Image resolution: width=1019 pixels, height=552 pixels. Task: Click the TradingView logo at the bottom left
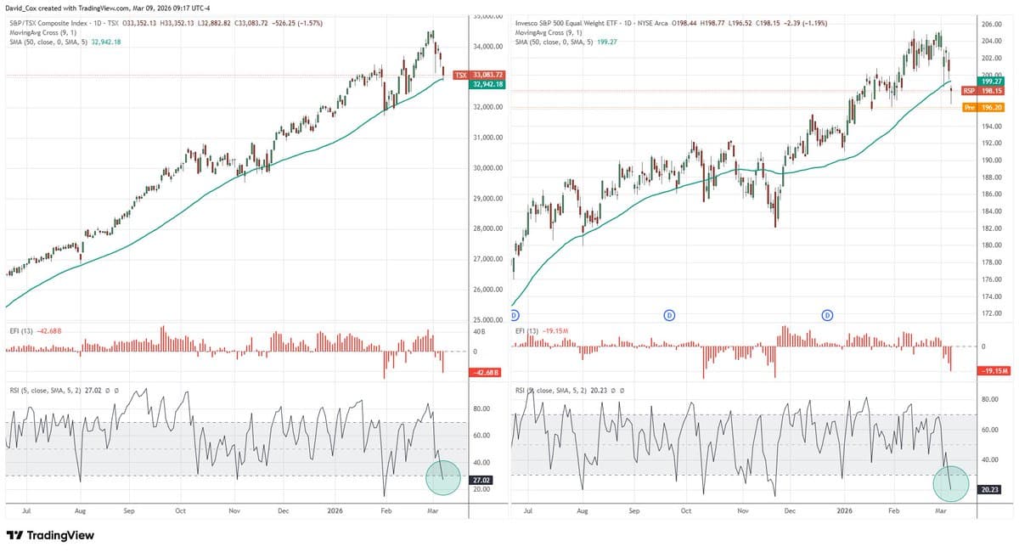(50, 536)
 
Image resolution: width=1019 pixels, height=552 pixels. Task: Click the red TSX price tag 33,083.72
(480, 76)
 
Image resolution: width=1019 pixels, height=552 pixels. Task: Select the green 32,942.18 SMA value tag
(487, 85)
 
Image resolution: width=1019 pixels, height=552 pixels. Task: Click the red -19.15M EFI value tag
(993, 371)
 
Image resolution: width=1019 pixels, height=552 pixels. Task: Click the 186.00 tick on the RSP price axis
(992, 194)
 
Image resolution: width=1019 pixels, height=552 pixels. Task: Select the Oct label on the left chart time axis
(180, 512)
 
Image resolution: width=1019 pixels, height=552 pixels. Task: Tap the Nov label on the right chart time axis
(742, 512)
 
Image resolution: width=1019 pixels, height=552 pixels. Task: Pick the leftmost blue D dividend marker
(515, 315)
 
